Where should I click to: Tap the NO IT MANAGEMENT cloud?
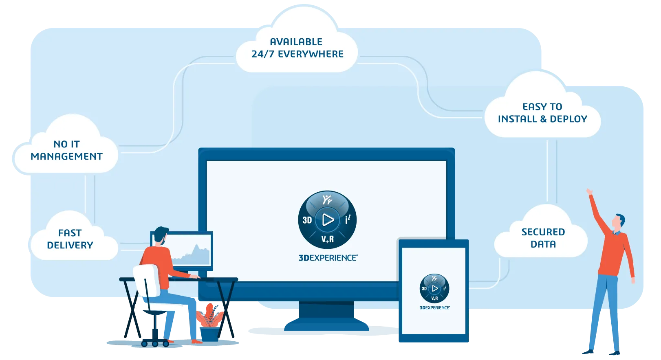pyautogui.click(x=66, y=150)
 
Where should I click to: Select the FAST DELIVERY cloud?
pyautogui.click(x=70, y=239)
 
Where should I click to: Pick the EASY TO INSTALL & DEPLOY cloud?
pyautogui.click(x=542, y=113)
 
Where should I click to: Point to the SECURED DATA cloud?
pyautogui.click(x=543, y=238)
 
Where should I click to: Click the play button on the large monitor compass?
pyautogui.click(x=328, y=220)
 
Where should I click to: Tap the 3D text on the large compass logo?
pyautogui.click(x=307, y=220)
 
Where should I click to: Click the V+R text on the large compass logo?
pyautogui.click(x=327, y=239)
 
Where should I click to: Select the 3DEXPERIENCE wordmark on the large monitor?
pyautogui.click(x=328, y=258)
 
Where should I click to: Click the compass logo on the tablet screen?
pyautogui.click(x=434, y=288)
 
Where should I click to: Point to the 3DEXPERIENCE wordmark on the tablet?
pyautogui.click(x=435, y=308)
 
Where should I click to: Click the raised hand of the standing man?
pyautogui.click(x=589, y=192)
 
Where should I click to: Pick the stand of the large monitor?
pyautogui.click(x=326, y=314)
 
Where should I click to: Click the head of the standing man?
pyautogui.click(x=619, y=222)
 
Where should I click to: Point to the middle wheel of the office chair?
pyautogui.click(x=155, y=344)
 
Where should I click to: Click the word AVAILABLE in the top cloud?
pyautogui.click(x=296, y=42)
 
